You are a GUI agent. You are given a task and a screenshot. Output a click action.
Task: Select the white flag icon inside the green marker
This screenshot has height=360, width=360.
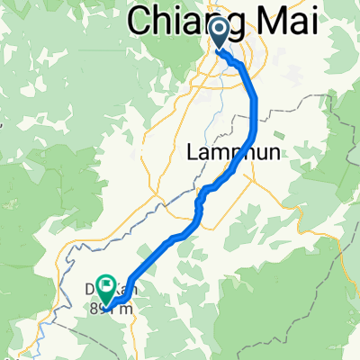tap(106, 287)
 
